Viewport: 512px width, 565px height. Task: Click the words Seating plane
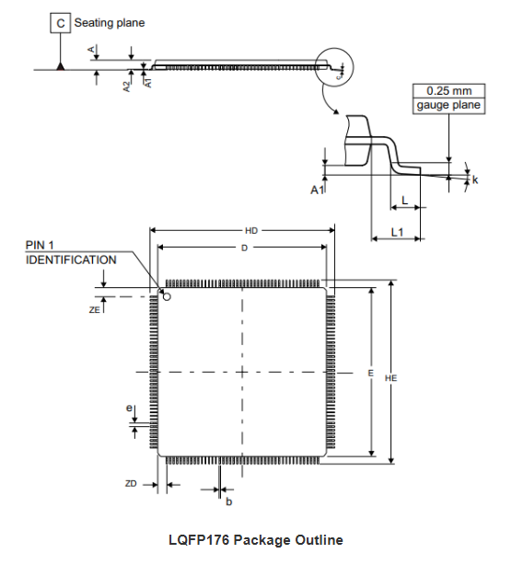110,22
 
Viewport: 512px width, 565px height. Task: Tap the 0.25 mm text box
448,91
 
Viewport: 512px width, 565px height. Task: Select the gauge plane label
448,106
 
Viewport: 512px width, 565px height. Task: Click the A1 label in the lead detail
317,189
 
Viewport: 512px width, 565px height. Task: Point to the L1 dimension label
397,232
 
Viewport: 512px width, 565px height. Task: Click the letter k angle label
475,179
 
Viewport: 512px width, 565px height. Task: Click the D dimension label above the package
244,248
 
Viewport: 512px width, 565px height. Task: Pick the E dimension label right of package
369,374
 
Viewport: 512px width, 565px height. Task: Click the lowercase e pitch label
129,408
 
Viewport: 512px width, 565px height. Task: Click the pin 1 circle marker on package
167,296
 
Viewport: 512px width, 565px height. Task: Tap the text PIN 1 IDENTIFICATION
71,253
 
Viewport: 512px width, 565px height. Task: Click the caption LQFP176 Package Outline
255,539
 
